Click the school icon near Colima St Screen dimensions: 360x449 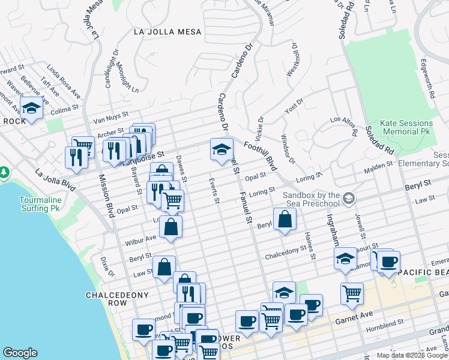pos(31,109)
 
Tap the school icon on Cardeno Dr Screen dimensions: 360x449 pos(221,149)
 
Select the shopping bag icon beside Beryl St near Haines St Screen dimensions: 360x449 pos(284,220)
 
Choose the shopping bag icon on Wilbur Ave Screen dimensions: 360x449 pos(171,227)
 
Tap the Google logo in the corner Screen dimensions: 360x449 pos(20,353)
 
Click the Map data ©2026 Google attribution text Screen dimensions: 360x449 pos(412,355)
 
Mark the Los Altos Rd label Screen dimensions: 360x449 pos(345,125)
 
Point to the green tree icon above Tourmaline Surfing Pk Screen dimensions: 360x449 pos(4,173)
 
